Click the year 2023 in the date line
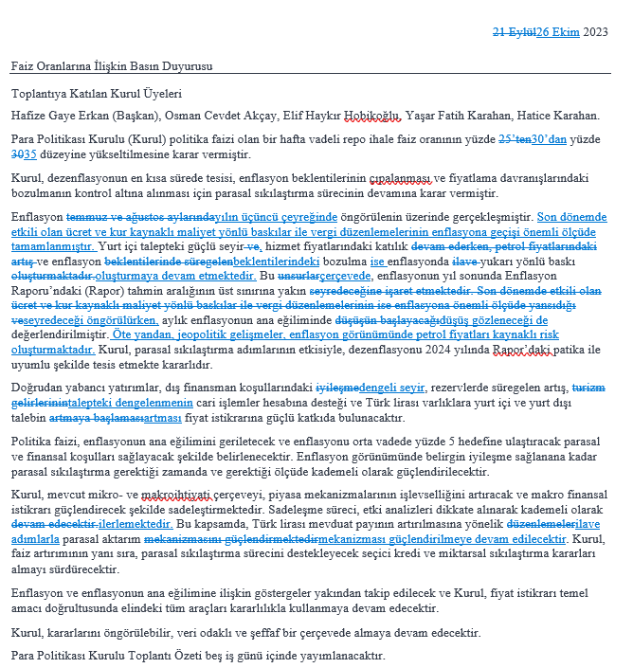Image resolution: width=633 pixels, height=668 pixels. click(x=595, y=31)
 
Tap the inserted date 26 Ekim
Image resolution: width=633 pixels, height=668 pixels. click(x=558, y=31)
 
